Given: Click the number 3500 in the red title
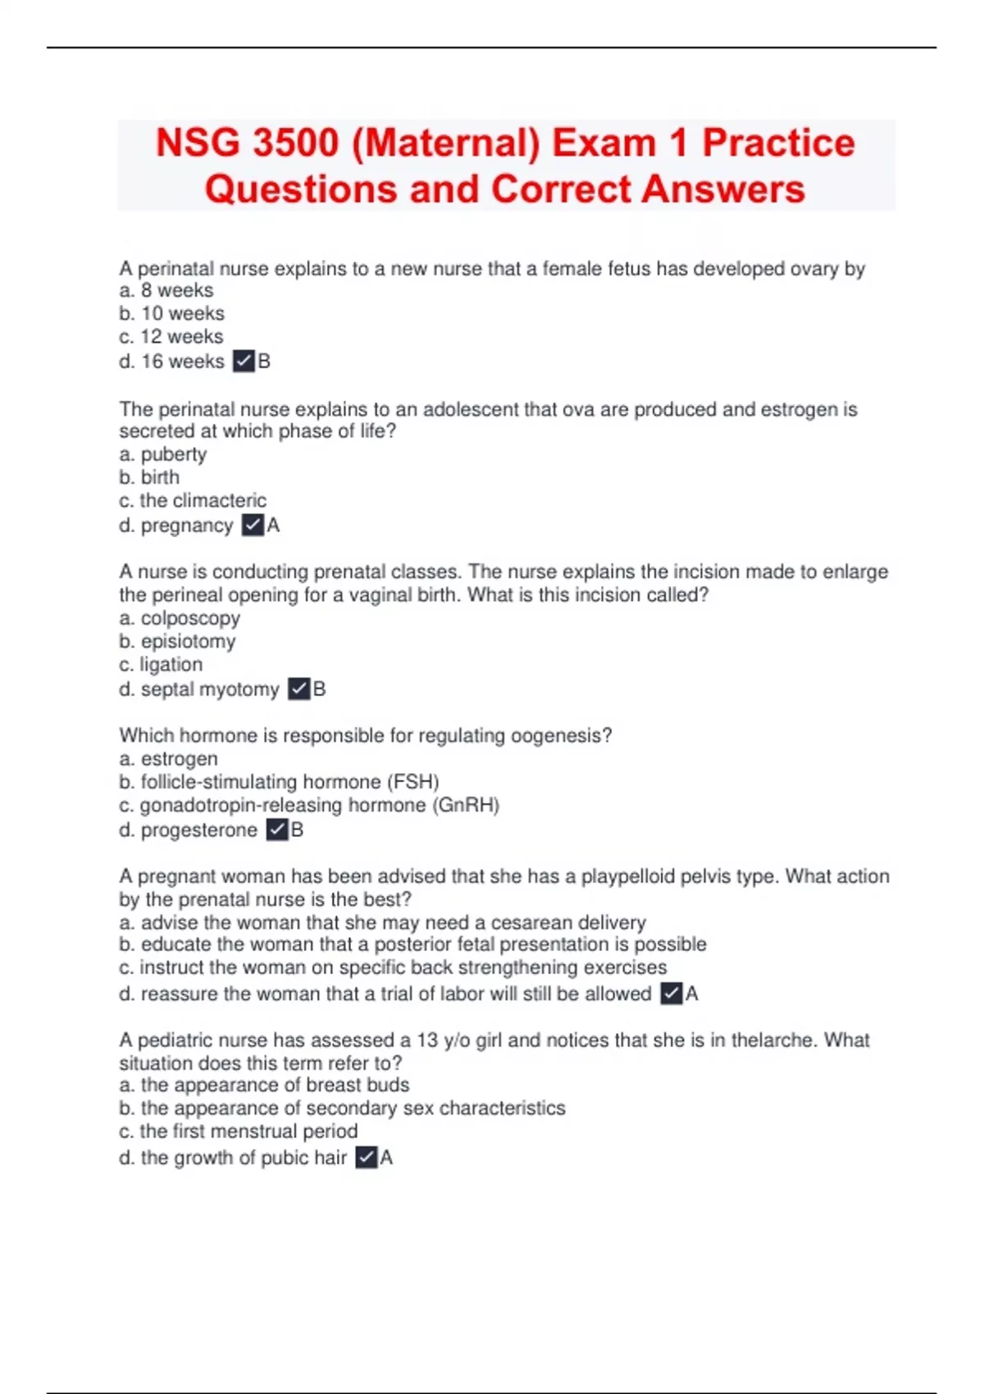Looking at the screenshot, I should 296,143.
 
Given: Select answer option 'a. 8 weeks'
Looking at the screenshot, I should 166,290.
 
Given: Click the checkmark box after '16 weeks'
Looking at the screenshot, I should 244,361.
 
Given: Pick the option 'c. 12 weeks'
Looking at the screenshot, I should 171,336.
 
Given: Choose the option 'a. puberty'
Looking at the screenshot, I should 163,454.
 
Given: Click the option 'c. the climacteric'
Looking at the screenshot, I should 193,500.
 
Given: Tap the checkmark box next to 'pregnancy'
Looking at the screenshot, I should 253,525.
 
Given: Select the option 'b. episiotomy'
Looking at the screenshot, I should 177,641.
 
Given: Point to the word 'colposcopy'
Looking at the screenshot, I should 190,618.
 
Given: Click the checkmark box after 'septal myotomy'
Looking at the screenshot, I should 299,689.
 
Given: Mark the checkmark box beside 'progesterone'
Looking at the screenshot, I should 277,830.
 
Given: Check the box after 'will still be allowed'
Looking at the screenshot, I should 671,994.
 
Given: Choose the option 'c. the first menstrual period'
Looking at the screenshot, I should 239,1131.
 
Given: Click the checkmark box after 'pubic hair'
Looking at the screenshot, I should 367,1158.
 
